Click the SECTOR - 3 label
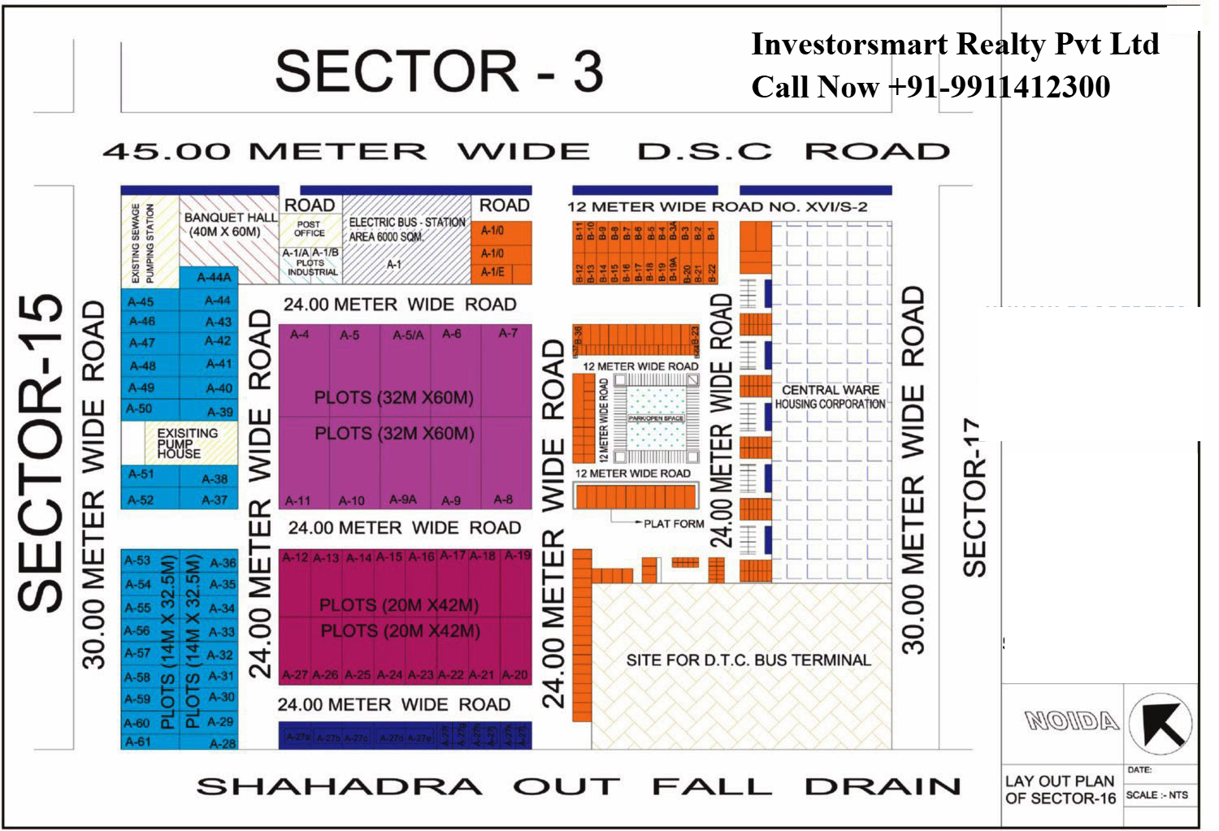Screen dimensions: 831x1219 [x=439, y=71]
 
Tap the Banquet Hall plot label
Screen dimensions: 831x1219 [x=230, y=224]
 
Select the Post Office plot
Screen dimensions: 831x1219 [x=309, y=228]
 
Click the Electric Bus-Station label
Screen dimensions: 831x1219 [x=406, y=229]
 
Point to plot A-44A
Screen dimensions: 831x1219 [x=215, y=277]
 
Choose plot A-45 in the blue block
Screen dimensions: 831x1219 [x=141, y=302]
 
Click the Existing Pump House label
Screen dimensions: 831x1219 [x=187, y=444]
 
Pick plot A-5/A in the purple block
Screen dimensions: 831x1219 [x=408, y=335]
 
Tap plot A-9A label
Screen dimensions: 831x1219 [x=403, y=500]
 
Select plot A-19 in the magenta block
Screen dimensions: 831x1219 [x=517, y=556]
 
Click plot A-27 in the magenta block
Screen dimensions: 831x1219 [x=294, y=674]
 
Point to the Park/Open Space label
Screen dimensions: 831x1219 [x=656, y=418]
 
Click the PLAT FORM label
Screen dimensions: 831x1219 [x=674, y=524]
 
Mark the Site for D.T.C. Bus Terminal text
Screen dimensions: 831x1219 [x=748, y=660]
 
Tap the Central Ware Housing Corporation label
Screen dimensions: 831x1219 [x=830, y=397]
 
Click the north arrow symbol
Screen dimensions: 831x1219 [x=1160, y=723]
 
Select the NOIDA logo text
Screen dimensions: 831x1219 [x=1071, y=721]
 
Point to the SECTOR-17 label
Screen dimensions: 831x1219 [x=974, y=497]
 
